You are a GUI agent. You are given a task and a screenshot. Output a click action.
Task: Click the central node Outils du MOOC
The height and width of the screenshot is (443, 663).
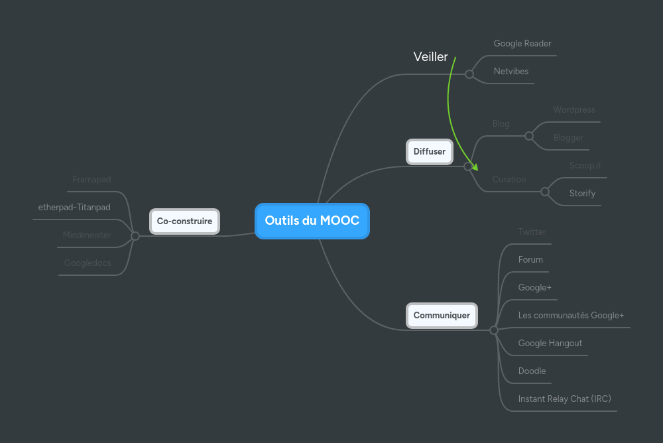click(x=312, y=221)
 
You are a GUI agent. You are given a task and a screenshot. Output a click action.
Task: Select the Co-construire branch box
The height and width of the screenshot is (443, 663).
click(x=184, y=221)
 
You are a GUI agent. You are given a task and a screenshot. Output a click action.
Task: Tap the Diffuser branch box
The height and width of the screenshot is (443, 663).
click(x=429, y=152)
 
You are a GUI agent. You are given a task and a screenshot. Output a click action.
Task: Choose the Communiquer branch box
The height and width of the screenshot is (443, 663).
click(x=442, y=316)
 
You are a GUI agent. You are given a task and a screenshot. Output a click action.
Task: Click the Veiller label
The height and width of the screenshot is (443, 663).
click(x=430, y=57)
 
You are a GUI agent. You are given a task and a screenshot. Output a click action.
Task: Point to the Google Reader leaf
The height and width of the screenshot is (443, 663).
click(x=522, y=44)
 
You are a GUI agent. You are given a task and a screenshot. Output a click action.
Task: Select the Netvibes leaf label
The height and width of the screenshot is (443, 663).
click(x=511, y=72)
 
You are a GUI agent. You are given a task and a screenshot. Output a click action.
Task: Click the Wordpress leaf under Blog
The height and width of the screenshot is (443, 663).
click(x=574, y=110)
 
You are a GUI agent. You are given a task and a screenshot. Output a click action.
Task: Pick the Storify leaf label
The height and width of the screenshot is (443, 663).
click(x=582, y=194)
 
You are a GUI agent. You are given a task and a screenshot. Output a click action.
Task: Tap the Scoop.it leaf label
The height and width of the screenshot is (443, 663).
click(x=585, y=166)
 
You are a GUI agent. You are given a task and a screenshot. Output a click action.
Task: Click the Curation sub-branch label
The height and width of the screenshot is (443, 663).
click(x=509, y=180)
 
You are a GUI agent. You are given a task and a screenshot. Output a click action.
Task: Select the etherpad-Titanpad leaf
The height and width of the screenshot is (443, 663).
click(x=74, y=208)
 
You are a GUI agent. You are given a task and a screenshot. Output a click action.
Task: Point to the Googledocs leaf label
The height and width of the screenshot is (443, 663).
click(x=88, y=263)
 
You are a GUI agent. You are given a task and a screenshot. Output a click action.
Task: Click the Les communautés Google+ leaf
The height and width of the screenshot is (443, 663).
click(x=571, y=316)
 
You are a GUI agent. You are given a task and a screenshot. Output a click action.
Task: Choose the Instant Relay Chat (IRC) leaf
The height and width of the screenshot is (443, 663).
click(x=564, y=399)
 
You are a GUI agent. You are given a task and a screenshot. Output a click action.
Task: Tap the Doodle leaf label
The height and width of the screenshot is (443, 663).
click(x=532, y=371)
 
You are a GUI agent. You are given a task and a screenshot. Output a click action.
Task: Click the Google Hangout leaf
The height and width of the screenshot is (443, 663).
click(x=550, y=344)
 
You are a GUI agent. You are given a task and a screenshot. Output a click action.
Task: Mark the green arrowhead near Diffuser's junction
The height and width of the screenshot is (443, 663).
click(x=473, y=167)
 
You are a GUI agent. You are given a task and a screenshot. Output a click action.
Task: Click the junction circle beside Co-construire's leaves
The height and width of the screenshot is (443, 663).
click(x=135, y=236)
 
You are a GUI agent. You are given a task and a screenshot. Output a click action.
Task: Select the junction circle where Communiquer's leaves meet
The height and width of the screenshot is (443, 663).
click(x=494, y=330)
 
